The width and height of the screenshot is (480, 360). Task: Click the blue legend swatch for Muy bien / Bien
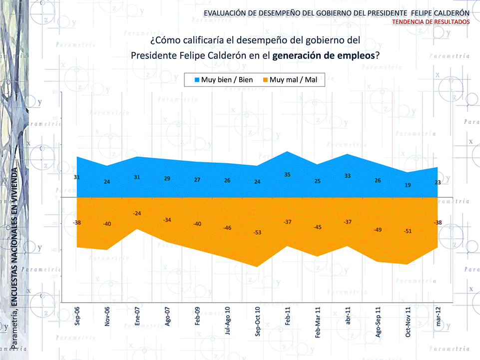pyautogui.click(x=197, y=80)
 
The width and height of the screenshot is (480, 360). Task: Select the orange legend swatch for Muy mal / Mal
pyautogui.click(x=265, y=80)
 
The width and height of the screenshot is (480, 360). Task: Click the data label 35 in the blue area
pyautogui.click(x=287, y=174)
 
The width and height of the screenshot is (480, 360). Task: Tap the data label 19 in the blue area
pyautogui.click(x=408, y=185)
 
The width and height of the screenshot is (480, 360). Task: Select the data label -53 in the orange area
pyautogui.click(x=257, y=233)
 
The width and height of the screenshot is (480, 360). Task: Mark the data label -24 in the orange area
pyautogui.click(x=137, y=213)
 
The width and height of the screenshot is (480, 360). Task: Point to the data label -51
pyautogui.click(x=408, y=231)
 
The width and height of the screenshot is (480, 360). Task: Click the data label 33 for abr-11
pyautogui.click(x=348, y=176)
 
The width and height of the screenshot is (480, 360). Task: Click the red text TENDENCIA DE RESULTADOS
pyautogui.click(x=431, y=22)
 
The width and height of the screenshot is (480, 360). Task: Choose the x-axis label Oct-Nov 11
pyautogui.click(x=408, y=322)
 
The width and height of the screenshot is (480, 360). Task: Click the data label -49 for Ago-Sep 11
pyautogui.click(x=378, y=229)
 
